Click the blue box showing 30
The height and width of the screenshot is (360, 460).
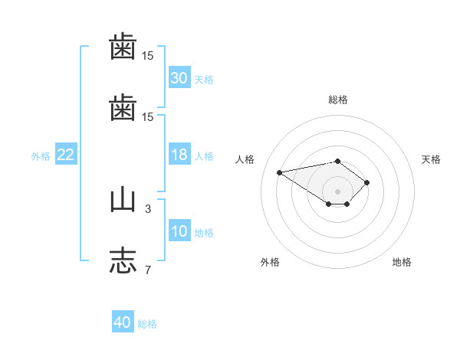[179, 77]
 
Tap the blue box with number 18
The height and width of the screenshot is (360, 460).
[179, 154]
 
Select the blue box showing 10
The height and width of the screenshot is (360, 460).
[179, 230]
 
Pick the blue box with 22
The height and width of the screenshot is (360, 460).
[66, 154]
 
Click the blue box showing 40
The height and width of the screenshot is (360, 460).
[123, 321]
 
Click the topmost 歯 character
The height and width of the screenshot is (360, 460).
[123, 46]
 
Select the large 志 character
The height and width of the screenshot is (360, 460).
[123, 260]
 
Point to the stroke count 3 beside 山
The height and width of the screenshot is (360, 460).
[148, 209]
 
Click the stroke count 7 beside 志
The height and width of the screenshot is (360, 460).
[148, 270]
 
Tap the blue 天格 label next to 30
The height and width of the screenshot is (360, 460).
[204, 80]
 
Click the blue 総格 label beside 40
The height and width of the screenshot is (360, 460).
[147, 324]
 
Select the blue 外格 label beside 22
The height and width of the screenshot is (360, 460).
[41, 156]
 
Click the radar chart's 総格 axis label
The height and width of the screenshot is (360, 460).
[338, 100]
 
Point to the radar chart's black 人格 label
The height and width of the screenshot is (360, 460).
[245, 159]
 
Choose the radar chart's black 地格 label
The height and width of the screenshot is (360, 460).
[402, 262]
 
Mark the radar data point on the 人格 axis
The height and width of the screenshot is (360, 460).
[279, 172]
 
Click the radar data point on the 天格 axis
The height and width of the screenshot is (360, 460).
[366, 182]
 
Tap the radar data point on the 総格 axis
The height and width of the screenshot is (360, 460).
[337, 162]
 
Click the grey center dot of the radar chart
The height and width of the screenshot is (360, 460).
[337, 191]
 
